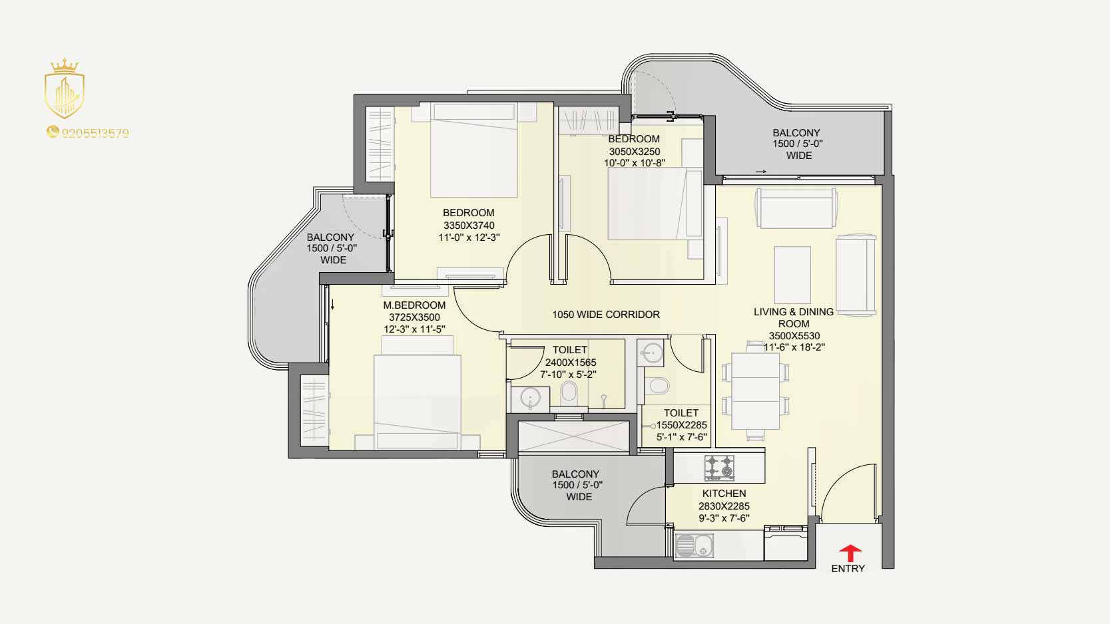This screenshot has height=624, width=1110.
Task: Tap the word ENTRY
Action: [848, 569]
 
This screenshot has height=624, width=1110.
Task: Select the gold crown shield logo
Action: [65, 88]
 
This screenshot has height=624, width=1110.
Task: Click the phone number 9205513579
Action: [95, 133]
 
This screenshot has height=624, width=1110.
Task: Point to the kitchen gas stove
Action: [720, 468]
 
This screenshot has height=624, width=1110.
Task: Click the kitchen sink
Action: [694, 546]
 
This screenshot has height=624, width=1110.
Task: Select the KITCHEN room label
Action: [724, 493]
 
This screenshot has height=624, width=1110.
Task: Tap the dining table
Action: [755, 390]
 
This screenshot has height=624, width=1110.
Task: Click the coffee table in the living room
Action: [792, 275]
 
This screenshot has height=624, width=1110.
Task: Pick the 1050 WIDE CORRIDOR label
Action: [606, 315]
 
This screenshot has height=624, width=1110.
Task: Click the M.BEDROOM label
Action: [414, 305]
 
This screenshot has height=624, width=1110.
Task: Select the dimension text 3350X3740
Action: [469, 226]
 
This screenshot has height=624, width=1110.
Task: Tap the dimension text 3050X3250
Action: [635, 152]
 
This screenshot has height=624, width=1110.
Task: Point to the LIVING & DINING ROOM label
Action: [794, 317]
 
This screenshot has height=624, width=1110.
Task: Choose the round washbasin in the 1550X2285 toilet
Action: [651, 353]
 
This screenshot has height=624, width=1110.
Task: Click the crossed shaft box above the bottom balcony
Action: [573, 436]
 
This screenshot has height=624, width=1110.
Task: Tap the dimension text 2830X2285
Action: [724, 506]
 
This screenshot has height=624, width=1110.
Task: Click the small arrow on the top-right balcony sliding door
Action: [761, 172]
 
